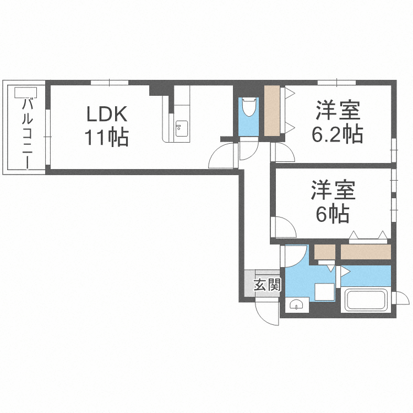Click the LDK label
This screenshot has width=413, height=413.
tap(107, 114)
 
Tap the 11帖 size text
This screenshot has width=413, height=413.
tap(107, 137)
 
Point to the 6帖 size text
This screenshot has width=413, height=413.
tap(333, 214)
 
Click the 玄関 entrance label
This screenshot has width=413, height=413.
tap(267, 285)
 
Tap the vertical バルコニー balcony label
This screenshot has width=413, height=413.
tap(27, 133)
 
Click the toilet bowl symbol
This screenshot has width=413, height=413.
tap(249, 107)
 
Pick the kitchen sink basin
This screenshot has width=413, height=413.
tap(182, 128)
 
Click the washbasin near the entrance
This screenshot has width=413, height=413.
tap(297, 305)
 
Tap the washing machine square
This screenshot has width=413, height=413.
tap(325, 292)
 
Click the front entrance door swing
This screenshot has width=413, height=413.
tap(267, 313)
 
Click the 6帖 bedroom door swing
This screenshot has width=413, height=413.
tap(283, 227)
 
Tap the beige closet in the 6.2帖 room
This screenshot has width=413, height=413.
tap(272, 111)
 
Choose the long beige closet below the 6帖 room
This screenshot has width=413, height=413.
tap(366, 252)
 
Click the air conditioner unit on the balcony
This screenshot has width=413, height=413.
tap(26, 93)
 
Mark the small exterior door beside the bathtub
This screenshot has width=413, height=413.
tap(400, 298)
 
